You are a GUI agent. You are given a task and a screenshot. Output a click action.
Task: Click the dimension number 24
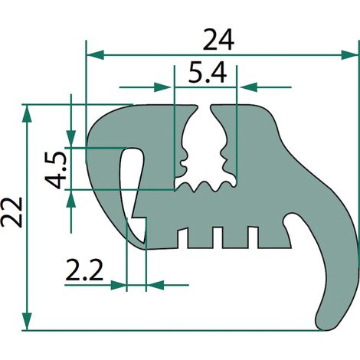[x=218, y=40]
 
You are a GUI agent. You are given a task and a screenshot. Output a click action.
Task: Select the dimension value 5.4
[x=208, y=73]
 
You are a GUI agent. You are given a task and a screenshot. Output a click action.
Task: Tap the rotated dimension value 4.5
[x=56, y=170]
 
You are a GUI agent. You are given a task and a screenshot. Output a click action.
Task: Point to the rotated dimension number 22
[x=11, y=212]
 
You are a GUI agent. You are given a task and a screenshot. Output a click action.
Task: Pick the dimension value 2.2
[x=84, y=270]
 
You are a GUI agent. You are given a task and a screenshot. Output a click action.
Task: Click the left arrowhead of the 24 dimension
[x=95, y=55]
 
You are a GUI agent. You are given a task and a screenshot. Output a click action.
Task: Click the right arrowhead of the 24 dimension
[x=349, y=55]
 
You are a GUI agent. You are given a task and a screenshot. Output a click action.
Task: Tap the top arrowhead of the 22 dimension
[x=27, y=113]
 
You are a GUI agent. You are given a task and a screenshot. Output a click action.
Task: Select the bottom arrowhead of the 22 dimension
[x=27, y=322]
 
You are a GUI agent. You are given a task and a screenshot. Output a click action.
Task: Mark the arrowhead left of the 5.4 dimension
[x=163, y=87]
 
